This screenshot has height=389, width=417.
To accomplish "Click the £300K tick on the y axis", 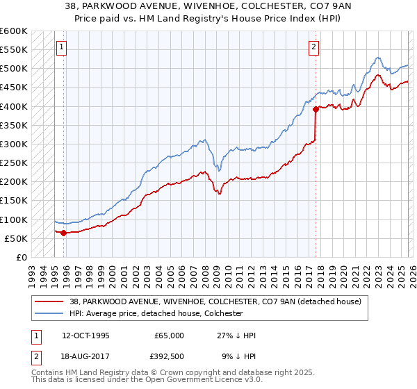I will pos(13,144).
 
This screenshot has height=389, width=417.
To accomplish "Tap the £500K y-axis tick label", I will pos(13,69).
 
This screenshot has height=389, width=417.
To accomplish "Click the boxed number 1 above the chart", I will pos(61,47).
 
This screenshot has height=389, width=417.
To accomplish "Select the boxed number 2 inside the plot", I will pos(314,47).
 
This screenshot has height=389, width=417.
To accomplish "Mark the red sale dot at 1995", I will pos(64,233).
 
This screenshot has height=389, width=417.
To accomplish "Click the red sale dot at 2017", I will pos(316,109).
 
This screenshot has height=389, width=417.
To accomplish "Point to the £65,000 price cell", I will pos(168,336).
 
